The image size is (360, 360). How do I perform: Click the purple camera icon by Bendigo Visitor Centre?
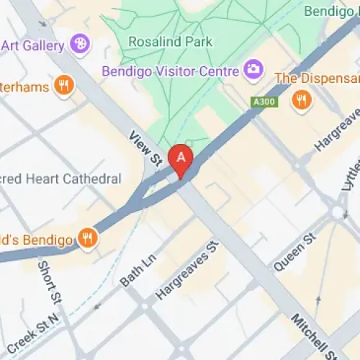pos(253,70)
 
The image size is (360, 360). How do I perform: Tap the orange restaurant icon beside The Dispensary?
pos(302,99)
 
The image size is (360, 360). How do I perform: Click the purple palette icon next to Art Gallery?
pos(81,44)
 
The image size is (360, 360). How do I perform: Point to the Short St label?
pos(52,282)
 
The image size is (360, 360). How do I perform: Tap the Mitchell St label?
pos(313,335)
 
